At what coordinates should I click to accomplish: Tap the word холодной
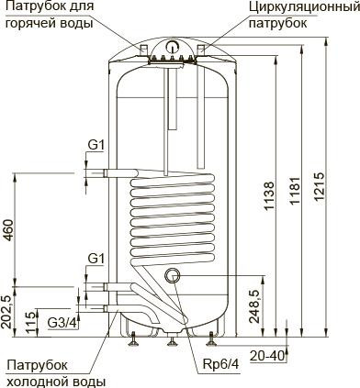pos(36,381)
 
